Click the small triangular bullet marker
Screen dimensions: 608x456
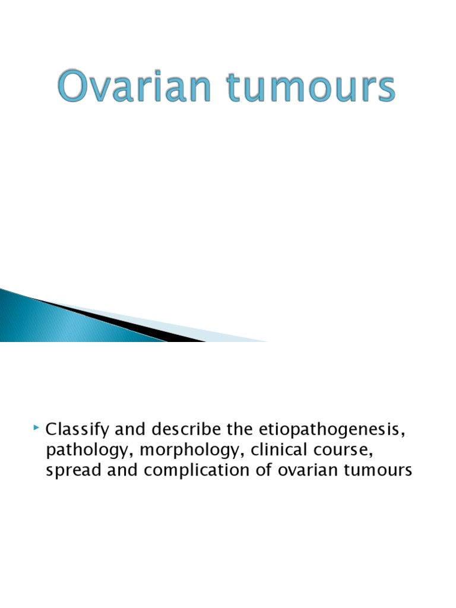[x=37, y=427]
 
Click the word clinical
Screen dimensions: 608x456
[x=277, y=450]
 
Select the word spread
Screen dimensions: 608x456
[x=69, y=471]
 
